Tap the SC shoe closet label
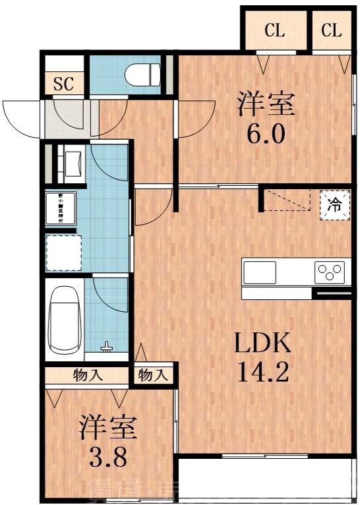(63, 83)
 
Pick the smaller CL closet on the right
(332, 30)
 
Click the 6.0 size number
(266, 134)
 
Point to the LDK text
(263, 343)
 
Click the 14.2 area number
(263, 373)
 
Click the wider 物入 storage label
(86, 376)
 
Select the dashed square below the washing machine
(63, 252)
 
